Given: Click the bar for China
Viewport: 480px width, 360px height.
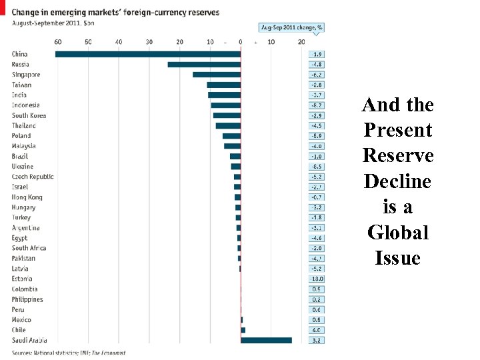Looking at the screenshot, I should tap(148, 54).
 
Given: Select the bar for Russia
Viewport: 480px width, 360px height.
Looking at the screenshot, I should tap(204, 65).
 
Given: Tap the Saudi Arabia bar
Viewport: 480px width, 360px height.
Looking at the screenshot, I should tap(266, 340).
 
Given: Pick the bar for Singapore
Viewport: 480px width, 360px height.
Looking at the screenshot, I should tap(217, 75).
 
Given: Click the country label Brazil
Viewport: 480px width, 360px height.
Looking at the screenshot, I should tap(20, 156).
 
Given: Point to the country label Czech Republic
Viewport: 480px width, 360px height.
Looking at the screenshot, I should tap(33, 177).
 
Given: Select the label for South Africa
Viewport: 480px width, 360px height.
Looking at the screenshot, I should tap(29, 248).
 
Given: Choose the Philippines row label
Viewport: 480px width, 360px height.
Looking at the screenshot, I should tap(27, 299).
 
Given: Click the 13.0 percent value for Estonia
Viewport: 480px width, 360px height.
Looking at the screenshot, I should tap(317, 279).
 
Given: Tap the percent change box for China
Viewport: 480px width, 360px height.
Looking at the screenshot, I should tap(317, 54).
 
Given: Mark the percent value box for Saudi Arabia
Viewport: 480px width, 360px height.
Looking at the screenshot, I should tap(317, 340).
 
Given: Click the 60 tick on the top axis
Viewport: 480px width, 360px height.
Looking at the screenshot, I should tap(58, 42).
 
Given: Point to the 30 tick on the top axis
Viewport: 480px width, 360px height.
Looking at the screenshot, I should tap(149, 42).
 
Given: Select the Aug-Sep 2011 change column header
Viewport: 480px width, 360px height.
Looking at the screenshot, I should tap(292, 27).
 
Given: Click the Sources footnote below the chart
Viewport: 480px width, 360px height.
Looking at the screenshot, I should tap(69, 352).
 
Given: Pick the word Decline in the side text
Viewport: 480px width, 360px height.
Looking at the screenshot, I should tap(397, 181).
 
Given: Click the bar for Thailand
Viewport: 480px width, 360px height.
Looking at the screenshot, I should tap(228, 125).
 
